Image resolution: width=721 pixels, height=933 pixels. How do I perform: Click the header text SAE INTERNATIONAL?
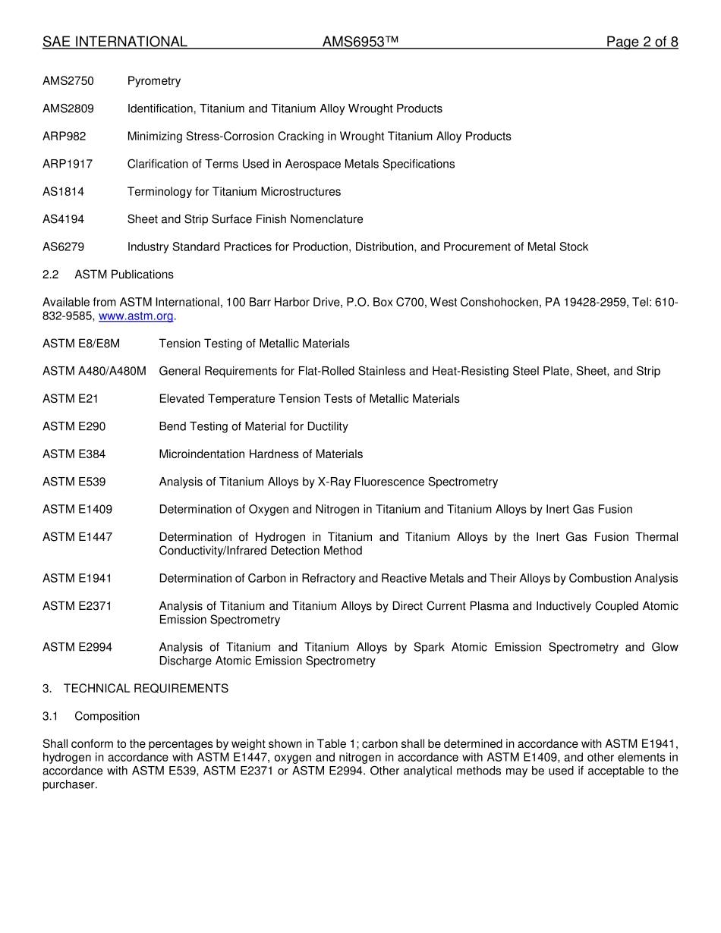tap(115, 42)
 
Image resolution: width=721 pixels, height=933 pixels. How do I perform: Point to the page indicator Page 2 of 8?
tap(641, 42)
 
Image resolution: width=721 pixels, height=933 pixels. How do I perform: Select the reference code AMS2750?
tap(68, 81)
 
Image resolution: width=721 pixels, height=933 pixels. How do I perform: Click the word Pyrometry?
tap(154, 81)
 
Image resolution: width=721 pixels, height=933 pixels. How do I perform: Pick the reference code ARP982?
tap(65, 137)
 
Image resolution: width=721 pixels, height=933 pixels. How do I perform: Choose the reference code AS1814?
tap(64, 192)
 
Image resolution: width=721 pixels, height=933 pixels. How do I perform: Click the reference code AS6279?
tap(64, 247)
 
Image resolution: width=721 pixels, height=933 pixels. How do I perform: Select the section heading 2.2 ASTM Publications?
tap(108, 275)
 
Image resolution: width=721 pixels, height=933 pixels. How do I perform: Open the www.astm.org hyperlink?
tap(136, 316)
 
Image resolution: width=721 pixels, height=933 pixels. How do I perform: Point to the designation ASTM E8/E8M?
tap(81, 344)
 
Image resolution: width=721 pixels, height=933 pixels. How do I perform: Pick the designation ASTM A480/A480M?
tap(94, 372)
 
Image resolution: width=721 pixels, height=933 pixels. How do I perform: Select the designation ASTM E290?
tap(74, 427)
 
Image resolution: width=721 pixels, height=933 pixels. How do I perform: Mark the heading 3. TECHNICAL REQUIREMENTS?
tap(135, 689)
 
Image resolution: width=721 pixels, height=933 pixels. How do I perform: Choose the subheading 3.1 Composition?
tap(91, 717)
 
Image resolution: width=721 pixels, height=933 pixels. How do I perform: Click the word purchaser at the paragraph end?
tap(69, 785)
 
